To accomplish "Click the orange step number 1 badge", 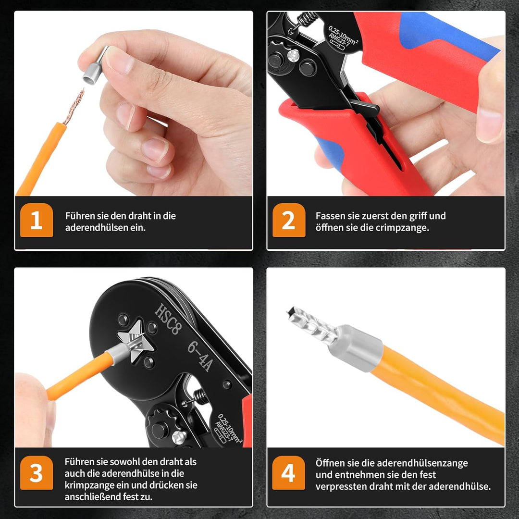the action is (x=37, y=220).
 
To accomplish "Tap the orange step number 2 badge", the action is (x=289, y=220).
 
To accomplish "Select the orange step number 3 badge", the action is (x=37, y=472).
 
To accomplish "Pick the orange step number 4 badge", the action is (x=288, y=472).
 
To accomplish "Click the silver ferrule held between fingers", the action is (x=94, y=67).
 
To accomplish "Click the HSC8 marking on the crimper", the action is (x=168, y=319).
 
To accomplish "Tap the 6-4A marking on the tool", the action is (x=199, y=356).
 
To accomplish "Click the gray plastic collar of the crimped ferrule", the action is (x=356, y=348).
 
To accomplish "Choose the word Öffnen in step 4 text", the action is (x=329, y=463).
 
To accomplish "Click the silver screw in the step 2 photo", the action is (x=293, y=56).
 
